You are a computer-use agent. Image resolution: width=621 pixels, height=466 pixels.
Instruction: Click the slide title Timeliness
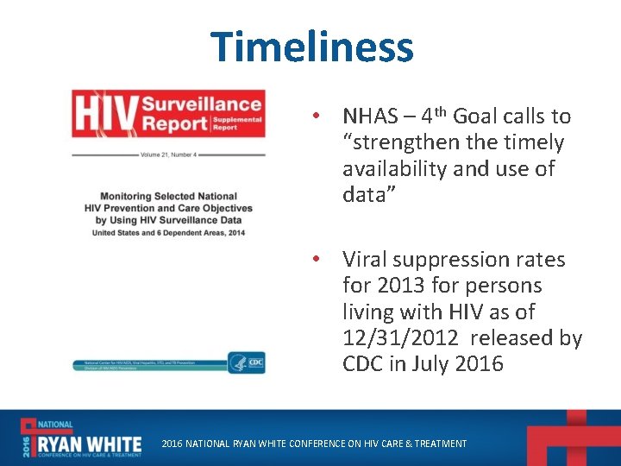pos(311,47)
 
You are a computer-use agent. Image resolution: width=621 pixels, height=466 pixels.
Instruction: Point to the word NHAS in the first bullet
pos(372,116)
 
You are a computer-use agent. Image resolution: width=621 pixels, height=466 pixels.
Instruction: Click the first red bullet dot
pos(317,116)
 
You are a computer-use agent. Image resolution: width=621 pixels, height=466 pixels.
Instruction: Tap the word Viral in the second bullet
pos(367,260)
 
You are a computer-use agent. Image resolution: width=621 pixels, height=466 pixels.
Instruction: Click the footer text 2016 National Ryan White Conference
pos(315,444)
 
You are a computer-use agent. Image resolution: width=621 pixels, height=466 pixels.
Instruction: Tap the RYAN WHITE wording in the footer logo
pos(83,442)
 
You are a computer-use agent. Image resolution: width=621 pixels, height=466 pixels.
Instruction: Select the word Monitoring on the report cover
pos(129,197)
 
